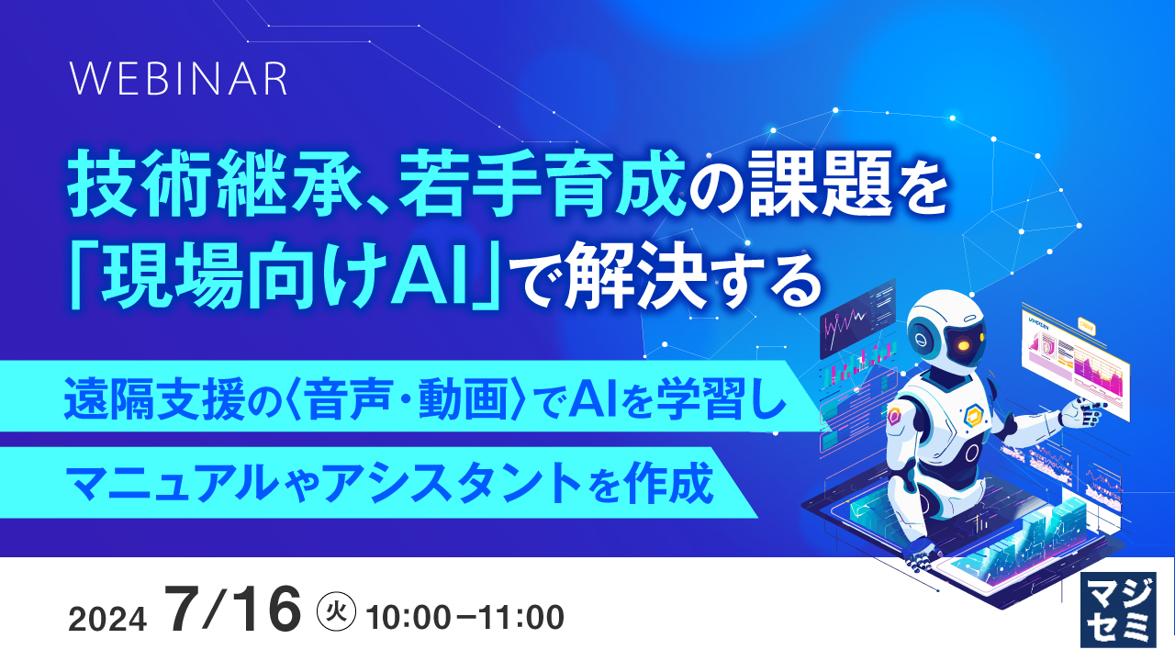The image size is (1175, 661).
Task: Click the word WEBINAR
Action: (179, 81)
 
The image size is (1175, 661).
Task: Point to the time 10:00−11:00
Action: (464, 618)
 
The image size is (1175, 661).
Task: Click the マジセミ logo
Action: (1119, 610)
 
